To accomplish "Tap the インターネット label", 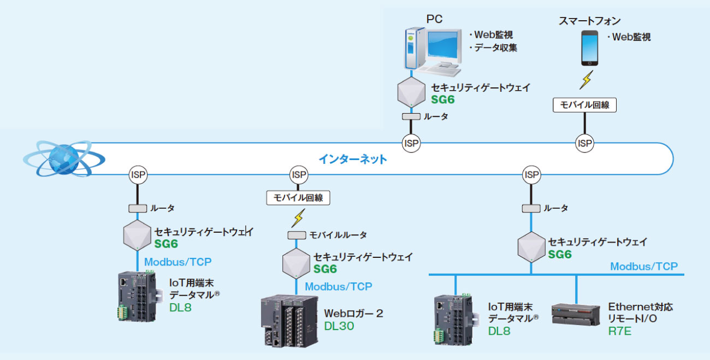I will (353, 160).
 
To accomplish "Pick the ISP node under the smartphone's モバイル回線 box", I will (584, 143).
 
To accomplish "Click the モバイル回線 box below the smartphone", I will (584, 105).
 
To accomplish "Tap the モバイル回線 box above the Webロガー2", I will (298, 197).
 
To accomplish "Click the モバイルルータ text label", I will (338, 235).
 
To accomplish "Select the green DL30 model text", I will (339, 327).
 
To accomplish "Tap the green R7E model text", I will (619, 331).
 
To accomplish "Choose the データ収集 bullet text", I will (493, 48).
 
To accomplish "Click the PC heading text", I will (435, 20).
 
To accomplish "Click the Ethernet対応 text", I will (640, 307).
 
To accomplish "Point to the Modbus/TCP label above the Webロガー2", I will (338, 287).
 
